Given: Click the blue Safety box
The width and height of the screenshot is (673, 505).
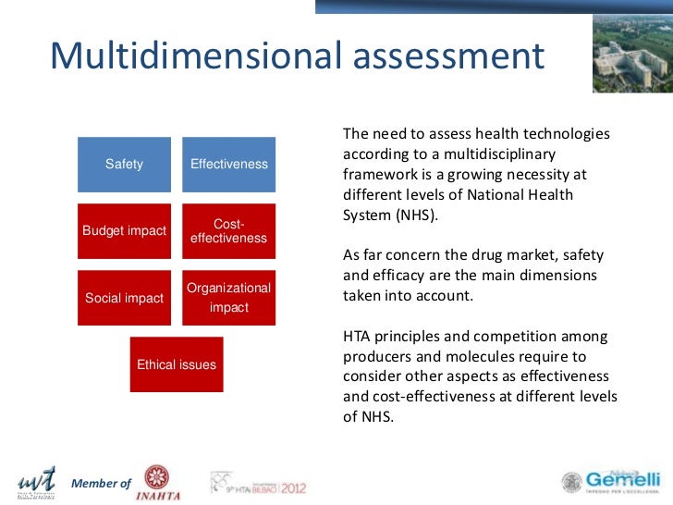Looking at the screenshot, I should tap(124, 165).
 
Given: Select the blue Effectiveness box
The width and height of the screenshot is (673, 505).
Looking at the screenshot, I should tap(228, 165).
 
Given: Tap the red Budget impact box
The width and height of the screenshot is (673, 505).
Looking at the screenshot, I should tap(124, 231).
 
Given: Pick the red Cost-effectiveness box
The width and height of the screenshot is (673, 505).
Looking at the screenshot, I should tap(228, 231).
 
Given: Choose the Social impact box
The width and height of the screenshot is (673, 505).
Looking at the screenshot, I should tap(124, 298).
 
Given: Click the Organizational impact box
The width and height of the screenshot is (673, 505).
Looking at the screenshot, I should tap(228, 298).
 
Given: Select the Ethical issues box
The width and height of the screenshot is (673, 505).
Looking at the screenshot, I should tap(176, 364).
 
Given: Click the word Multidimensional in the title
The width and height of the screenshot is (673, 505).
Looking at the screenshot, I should tap(193, 56).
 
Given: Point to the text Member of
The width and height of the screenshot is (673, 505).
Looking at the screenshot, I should tap(102, 484).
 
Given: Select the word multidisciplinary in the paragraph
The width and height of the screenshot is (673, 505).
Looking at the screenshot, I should tap(515, 154).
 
